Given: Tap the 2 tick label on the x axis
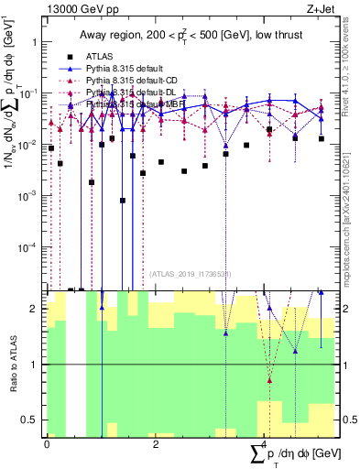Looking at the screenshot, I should (x=156, y=443).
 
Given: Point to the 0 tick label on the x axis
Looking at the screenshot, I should (x=47, y=443).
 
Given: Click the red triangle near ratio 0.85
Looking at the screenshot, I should (x=269, y=379).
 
